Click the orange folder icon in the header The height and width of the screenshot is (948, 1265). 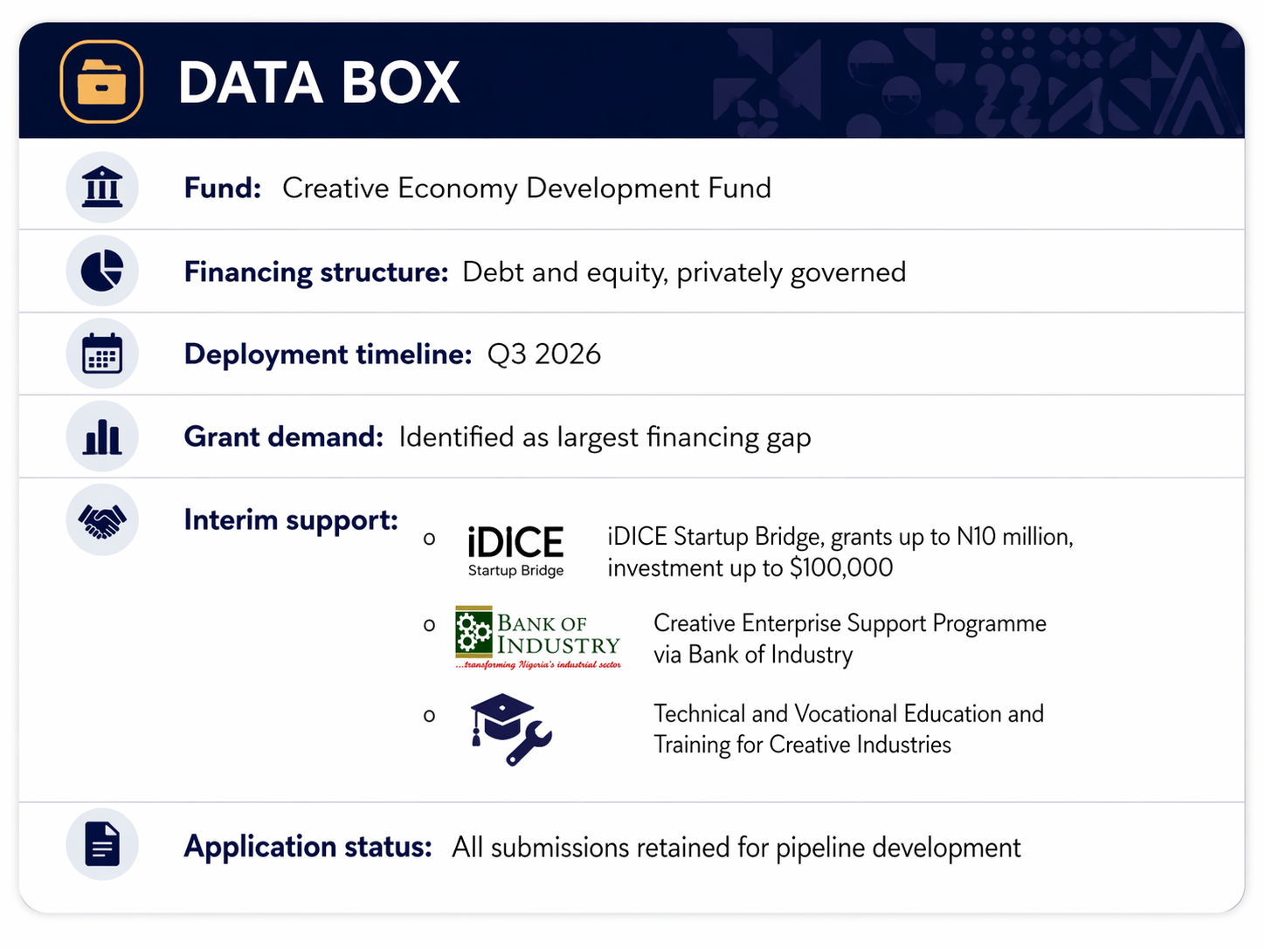click(101, 82)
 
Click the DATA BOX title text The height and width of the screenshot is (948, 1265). click(319, 83)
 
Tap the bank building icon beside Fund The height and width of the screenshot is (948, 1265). click(102, 188)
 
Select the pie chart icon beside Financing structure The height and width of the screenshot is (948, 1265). click(102, 271)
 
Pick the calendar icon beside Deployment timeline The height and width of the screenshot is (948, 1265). click(102, 354)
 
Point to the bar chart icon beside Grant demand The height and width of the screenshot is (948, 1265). click(102, 436)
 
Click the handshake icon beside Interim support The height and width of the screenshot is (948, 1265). click(102, 521)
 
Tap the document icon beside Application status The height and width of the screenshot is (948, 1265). click(102, 845)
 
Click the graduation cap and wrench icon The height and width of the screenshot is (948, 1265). click(510, 729)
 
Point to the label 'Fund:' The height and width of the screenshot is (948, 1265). click(223, 188)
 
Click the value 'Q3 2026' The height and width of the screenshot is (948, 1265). click(543, 354)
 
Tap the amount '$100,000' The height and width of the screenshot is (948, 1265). click(841, 568)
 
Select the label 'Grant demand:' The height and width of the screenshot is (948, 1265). click(283, 436)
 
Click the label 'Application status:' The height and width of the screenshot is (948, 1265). click(308, 847)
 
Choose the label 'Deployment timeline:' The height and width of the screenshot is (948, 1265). click(328, 354)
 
